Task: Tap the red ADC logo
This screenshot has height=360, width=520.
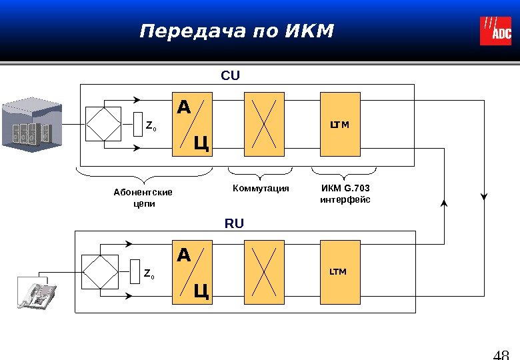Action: point(495,31)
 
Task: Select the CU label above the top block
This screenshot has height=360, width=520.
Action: point(230,75)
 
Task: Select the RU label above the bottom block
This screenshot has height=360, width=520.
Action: point(234,224)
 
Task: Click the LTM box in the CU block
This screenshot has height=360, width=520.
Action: point(340,124)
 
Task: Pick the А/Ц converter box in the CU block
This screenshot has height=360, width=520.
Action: point(193,124)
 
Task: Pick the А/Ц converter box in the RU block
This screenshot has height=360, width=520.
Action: point(193,271)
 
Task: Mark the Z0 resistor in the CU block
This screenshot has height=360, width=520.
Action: point(138,124)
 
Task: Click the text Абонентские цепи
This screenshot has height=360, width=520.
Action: point(143,198)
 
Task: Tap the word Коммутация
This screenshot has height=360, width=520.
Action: point(261,189)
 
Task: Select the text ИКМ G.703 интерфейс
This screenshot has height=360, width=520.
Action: point(345,194)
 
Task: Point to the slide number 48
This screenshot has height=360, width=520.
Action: point(501,353)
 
